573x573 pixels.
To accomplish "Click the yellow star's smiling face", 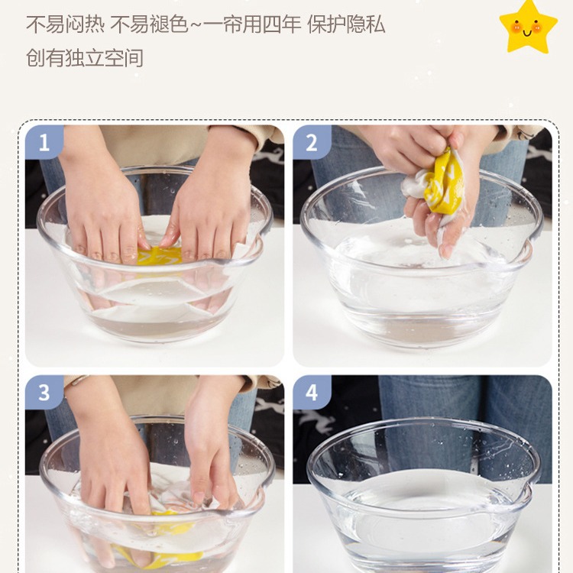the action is tap(527, 28).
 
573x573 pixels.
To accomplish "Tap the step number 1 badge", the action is tap(44, 142).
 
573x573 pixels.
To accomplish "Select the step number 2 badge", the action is tap(312, 142).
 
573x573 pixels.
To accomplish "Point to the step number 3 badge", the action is tap(44, 393).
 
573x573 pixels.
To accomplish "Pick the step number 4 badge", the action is tap(312, 393).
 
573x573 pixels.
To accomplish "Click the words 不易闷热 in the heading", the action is tap(65, 25).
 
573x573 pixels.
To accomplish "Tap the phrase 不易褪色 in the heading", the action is tap(150, 25).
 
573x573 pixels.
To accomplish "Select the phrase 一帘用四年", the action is tap(253, 25).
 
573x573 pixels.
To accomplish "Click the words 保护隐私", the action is tap(346, 25).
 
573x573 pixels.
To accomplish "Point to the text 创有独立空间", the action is tap(84, 58).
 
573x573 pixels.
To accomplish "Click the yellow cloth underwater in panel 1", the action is tap(160, 255).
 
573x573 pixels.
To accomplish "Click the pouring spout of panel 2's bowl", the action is tap(529, 242).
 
